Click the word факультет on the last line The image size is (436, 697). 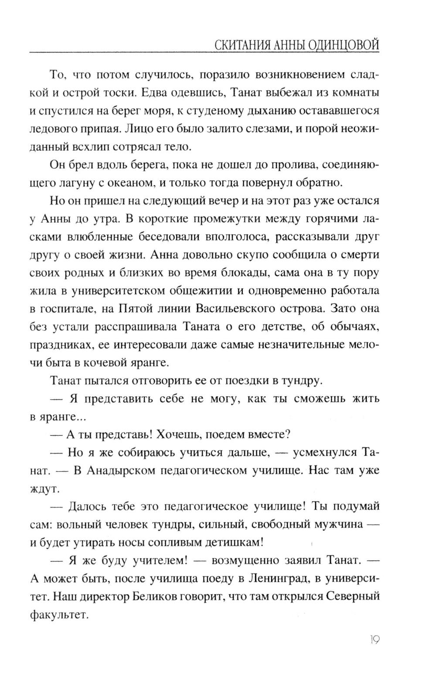pyautogui.click(x=59, y=615)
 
